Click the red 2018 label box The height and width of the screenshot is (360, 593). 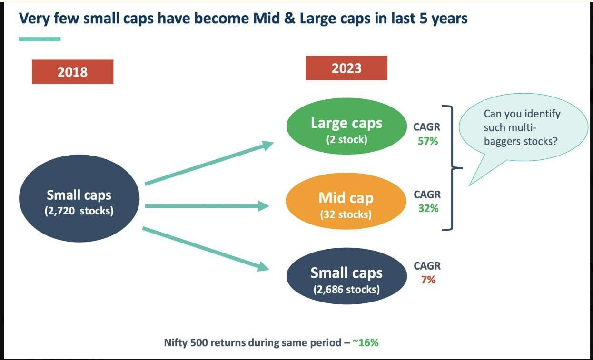pos(72,72)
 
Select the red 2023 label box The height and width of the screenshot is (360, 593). pos(346,68)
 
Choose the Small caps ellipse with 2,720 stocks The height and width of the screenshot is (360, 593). pos(79,198)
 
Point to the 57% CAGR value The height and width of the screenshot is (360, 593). pos(428,141)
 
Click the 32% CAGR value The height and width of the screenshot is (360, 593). pos(428,208)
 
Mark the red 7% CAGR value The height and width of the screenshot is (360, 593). pos(428,280)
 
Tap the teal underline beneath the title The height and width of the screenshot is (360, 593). pos(40,39)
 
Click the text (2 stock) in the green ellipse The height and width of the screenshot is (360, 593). pos(346,140)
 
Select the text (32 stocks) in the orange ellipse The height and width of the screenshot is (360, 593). pos(346,214)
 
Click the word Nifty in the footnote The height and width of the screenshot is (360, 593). pos(175,342)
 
